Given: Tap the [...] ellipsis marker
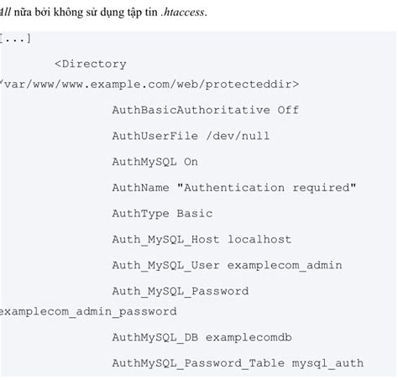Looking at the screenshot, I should (15, 39).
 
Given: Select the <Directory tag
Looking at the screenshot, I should (90, 64).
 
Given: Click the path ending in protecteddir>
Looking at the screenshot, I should (149, 84).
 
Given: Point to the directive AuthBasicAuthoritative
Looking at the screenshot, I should (191, 110).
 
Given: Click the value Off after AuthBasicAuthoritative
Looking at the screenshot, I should (288, 110).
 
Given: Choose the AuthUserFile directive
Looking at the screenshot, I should (154, 136).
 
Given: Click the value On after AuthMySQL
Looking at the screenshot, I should (191, 162).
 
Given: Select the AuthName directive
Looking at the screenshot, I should (140, 188).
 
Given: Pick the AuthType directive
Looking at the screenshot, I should (140, 214).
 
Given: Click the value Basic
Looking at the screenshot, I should (195, 214).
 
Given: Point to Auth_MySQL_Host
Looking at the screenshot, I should (165, 240).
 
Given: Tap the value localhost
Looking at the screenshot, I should (259, 240).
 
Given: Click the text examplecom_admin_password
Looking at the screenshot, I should (88, 311).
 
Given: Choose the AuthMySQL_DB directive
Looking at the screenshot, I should (154, 337).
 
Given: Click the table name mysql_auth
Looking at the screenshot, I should (327, 363).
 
